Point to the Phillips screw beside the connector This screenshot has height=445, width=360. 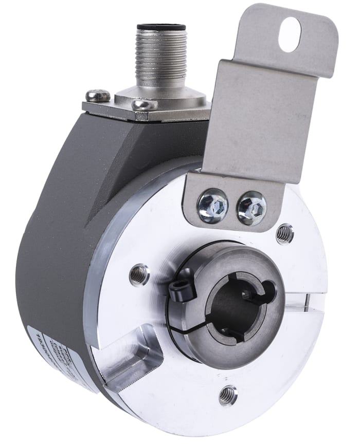(98, 95)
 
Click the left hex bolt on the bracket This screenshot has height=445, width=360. (213, 205)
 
